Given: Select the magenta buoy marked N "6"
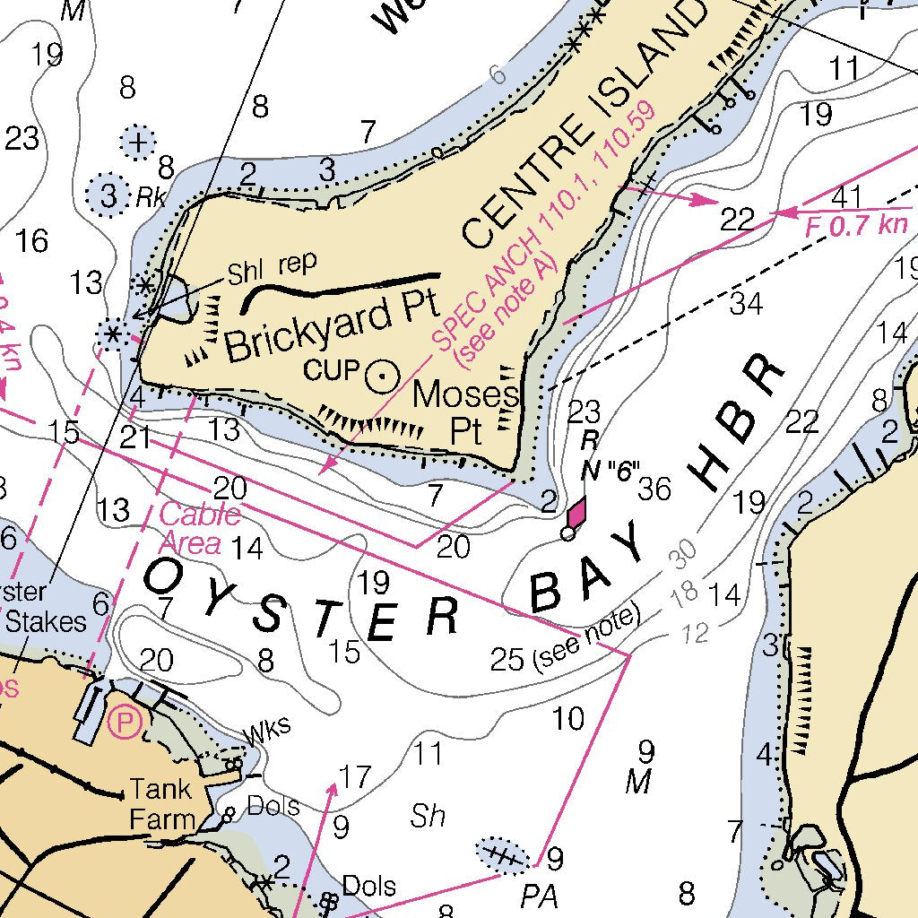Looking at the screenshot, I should [576, 513].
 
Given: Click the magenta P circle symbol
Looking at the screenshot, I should [125, 722].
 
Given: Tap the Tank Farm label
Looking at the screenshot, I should [162, 804].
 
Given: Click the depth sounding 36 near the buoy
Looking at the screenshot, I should [654, 489].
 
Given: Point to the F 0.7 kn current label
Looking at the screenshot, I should [856, 226].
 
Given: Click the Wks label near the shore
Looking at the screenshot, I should [268, 730].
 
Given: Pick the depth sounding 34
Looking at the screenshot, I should [746, 303].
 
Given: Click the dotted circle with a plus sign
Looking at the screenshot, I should [138, 143].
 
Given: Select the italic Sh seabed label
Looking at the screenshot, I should [428, 814].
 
